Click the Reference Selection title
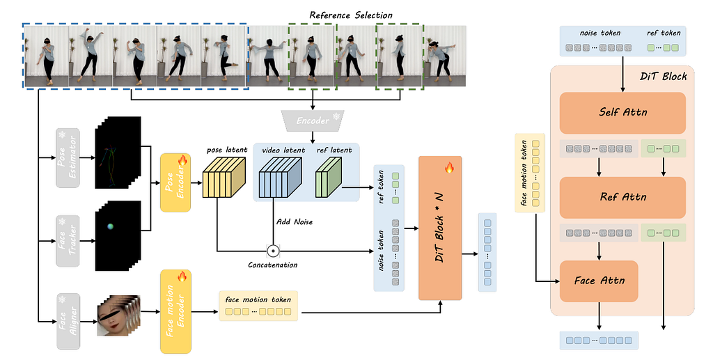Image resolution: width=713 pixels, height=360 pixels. [351, 15]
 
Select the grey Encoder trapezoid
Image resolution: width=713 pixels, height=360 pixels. [313, 120]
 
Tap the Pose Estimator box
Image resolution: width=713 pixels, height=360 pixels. [68, 158]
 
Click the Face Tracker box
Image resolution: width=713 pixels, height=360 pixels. [68, 241]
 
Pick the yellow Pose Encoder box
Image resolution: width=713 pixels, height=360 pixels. [175, 182]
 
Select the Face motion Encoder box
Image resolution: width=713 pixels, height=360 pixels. [175, 311]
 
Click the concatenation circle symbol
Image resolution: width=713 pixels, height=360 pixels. [273, 251]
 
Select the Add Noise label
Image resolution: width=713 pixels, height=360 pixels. [295, 222]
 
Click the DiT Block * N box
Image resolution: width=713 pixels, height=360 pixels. [440, 228]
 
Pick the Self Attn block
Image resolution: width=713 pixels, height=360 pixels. [622, 113]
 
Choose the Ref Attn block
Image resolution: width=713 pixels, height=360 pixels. [622, 197]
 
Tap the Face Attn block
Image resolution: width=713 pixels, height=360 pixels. [599, 281]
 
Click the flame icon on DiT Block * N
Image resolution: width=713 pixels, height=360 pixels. [449, 168]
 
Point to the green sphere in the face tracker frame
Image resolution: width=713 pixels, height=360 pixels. [110, 226]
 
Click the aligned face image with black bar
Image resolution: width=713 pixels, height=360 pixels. [116, 315]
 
